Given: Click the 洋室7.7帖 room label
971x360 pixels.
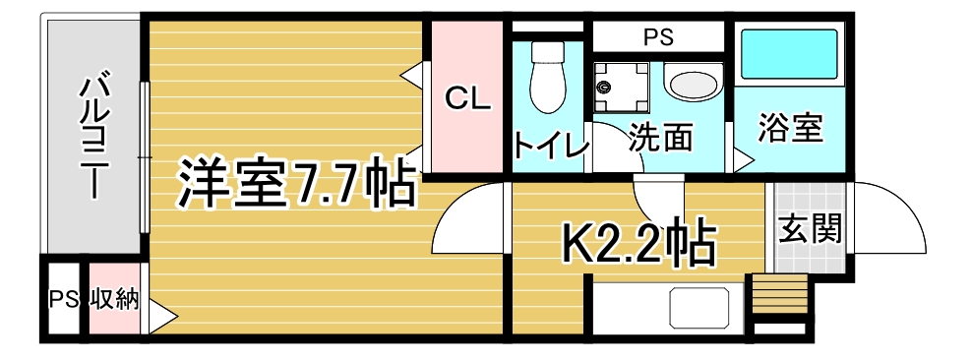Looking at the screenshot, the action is tap(294, 182).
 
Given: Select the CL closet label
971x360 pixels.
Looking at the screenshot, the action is tap(469, 98).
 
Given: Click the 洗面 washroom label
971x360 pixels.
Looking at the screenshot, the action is tap(660, 138).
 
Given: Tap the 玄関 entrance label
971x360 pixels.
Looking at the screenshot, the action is tap(811, 228).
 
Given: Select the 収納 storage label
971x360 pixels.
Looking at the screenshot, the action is tap(115, 301).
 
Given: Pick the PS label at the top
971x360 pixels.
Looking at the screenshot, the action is tap(657, 37).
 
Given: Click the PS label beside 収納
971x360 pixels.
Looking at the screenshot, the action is tap(63, 301).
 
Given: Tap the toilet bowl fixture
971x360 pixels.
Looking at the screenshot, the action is tap(548, 77).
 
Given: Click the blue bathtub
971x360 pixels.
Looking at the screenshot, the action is tap(789, 54).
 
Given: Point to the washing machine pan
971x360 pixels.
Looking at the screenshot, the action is tap(621, 87).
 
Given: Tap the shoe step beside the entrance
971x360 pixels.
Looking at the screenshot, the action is tap(780, 295).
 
